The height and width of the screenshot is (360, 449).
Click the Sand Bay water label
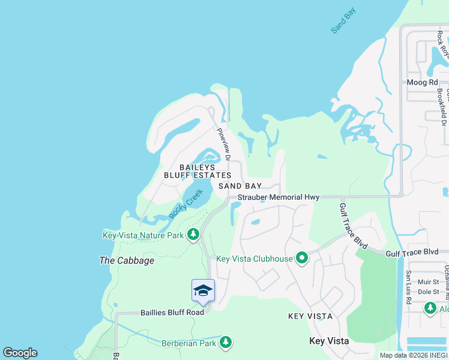[344, 22]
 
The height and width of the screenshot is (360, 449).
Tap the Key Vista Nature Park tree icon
[193, 235]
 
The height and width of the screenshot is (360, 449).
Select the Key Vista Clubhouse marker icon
[301, 259]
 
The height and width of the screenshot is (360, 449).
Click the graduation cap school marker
[203, 291]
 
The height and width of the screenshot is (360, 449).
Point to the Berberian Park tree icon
[226, 343]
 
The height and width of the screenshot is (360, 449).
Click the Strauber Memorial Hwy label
[278, 197]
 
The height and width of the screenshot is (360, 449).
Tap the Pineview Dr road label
[223, 144]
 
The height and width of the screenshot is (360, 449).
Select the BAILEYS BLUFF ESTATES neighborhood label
[197, 171]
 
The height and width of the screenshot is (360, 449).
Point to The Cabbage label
[127, 260]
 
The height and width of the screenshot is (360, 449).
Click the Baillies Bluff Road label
[172, 312]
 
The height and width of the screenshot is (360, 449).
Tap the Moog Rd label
[424, 82]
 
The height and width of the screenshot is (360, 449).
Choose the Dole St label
[430, 292]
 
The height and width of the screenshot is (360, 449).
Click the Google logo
[20, 353]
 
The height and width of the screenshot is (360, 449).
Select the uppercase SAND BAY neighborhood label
[240, 186]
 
